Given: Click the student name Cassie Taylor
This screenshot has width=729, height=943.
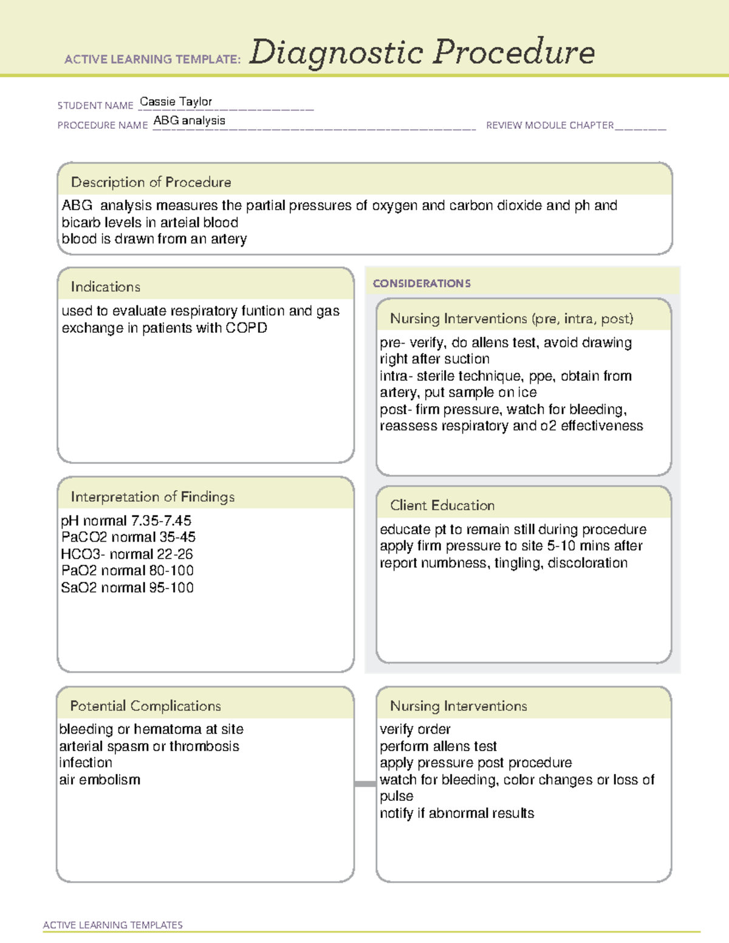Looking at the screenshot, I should tap(176, 101).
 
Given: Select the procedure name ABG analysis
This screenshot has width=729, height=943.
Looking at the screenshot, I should tap(189, 120).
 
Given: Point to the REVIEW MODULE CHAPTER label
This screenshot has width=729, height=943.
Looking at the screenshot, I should tap(550, 125).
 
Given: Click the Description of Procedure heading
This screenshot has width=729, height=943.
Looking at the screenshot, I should tap(151, 182).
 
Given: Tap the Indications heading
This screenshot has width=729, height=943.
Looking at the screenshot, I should tap(105, 287).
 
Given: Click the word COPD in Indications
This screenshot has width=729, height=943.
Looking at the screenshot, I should tap(246, 328).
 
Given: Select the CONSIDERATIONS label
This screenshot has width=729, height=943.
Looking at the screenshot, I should tap(422, 284).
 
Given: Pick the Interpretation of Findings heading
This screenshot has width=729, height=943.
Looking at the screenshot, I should tap(152, 497).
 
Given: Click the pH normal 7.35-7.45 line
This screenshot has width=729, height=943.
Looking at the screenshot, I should tap(126, 520).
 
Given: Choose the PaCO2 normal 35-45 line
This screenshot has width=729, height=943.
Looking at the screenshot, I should tap(128, 537).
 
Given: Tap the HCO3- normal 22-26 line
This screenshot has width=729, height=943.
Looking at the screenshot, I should tap(126, 554).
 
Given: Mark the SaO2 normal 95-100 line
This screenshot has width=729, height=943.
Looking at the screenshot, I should tap(127, 587).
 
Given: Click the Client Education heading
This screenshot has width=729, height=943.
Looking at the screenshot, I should tap(442, 505).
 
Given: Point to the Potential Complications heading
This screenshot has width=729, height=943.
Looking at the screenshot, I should tap(145, 706).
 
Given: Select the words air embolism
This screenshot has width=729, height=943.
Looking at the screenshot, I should tap(100, 780).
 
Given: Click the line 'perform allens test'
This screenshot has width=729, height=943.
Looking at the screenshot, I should tap(438, 746).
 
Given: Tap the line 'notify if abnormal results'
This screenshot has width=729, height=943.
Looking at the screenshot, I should tap(457, 813).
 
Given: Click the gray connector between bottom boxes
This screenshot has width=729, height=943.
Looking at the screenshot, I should tap(365, 784).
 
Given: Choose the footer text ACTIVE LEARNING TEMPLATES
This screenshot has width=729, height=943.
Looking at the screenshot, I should tap(113, 925).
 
